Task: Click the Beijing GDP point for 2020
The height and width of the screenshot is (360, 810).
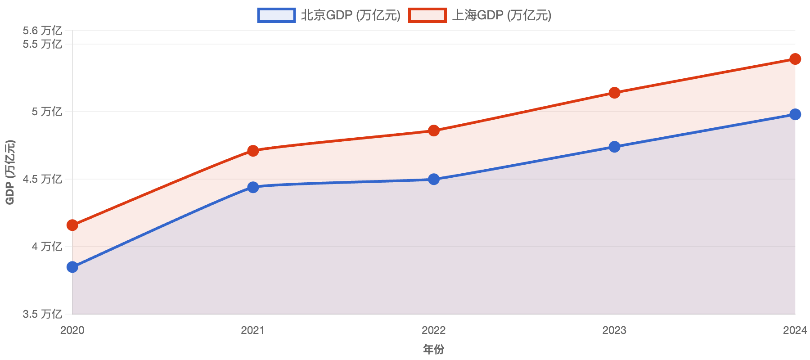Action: (72, 267)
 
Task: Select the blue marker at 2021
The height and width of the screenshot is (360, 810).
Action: (253, 187)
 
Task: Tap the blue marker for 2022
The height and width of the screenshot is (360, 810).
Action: (434, 180)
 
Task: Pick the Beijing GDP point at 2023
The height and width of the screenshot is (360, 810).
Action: (615, 147)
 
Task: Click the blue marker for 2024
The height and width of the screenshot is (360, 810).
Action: (795, 114)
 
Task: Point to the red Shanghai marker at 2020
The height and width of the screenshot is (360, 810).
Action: (72, 225)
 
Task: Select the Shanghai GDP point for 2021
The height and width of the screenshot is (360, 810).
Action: (253, 150)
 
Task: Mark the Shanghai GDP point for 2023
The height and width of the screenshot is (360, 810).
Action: (615, 93)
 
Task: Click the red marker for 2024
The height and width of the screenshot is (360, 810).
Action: (795, 59)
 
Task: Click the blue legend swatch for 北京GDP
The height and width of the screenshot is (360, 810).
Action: (276, 15)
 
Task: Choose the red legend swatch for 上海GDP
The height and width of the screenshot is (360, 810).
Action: (427, 15)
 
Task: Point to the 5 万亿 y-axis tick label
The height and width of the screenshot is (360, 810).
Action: (46, 112)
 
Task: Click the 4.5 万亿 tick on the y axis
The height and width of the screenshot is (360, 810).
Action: (42, 179)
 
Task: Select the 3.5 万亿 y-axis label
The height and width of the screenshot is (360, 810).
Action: (42, 314)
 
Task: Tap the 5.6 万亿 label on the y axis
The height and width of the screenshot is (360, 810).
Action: (42, 31)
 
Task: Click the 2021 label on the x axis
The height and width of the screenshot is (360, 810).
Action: (253, 330)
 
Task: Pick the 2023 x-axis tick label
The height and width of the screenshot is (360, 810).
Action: (615, 330)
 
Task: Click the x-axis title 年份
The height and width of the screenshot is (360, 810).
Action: (434, 349)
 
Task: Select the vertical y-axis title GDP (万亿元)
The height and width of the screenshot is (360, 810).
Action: (10, 172)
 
